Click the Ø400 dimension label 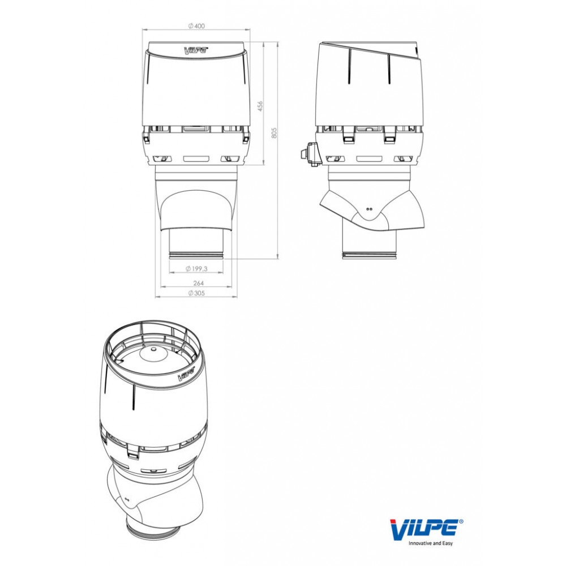click(x=196, y=26)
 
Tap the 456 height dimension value click(x=260, y=106)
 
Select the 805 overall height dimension click(x=274, y=132)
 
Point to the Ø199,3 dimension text click(x=197, y=268)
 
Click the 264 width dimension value click(x=199, y=284)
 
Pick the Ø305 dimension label click(x=197, y=293)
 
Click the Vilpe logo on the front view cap click(x=196, y=50)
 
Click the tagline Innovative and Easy click(x=430, y=543)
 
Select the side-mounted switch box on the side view click(x=310, y=155)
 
